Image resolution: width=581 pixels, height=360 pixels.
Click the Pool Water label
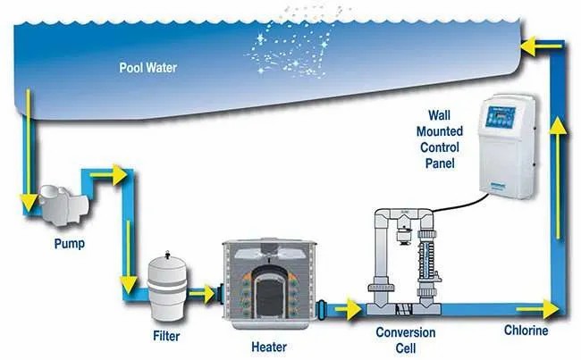pos(147,66)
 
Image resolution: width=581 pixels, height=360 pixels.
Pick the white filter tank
pos(168,285)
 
